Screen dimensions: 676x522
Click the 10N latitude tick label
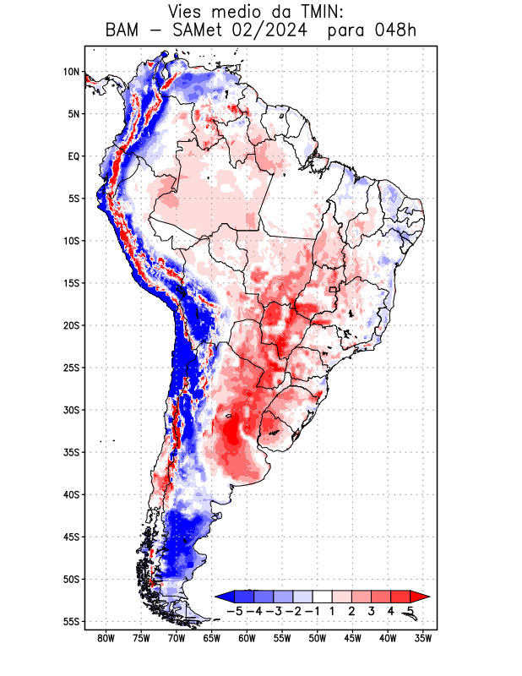[x=71, y=72]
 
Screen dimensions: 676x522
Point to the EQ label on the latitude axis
[x=73, y=156]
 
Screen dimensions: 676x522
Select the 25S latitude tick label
[x=71, y=368]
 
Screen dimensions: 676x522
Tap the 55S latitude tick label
[x=71, y=622]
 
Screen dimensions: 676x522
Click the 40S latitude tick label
[x=71, y=494]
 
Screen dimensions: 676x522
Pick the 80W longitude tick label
[x=106, y=638]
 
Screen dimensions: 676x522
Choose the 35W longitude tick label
[x=423, y=638]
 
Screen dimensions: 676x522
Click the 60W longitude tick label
[x=247, y=638]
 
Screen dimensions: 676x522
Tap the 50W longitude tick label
[x=318, y=638]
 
